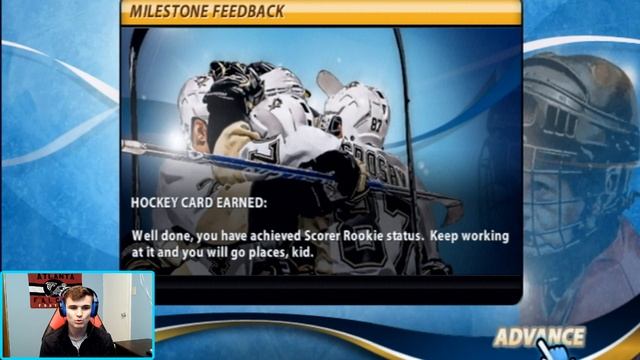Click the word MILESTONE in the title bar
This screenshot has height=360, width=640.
point(168,11)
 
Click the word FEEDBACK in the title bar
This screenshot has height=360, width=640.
point(246,11)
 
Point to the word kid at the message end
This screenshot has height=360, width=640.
point(299,252)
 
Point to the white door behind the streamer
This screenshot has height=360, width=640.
point(118,300)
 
